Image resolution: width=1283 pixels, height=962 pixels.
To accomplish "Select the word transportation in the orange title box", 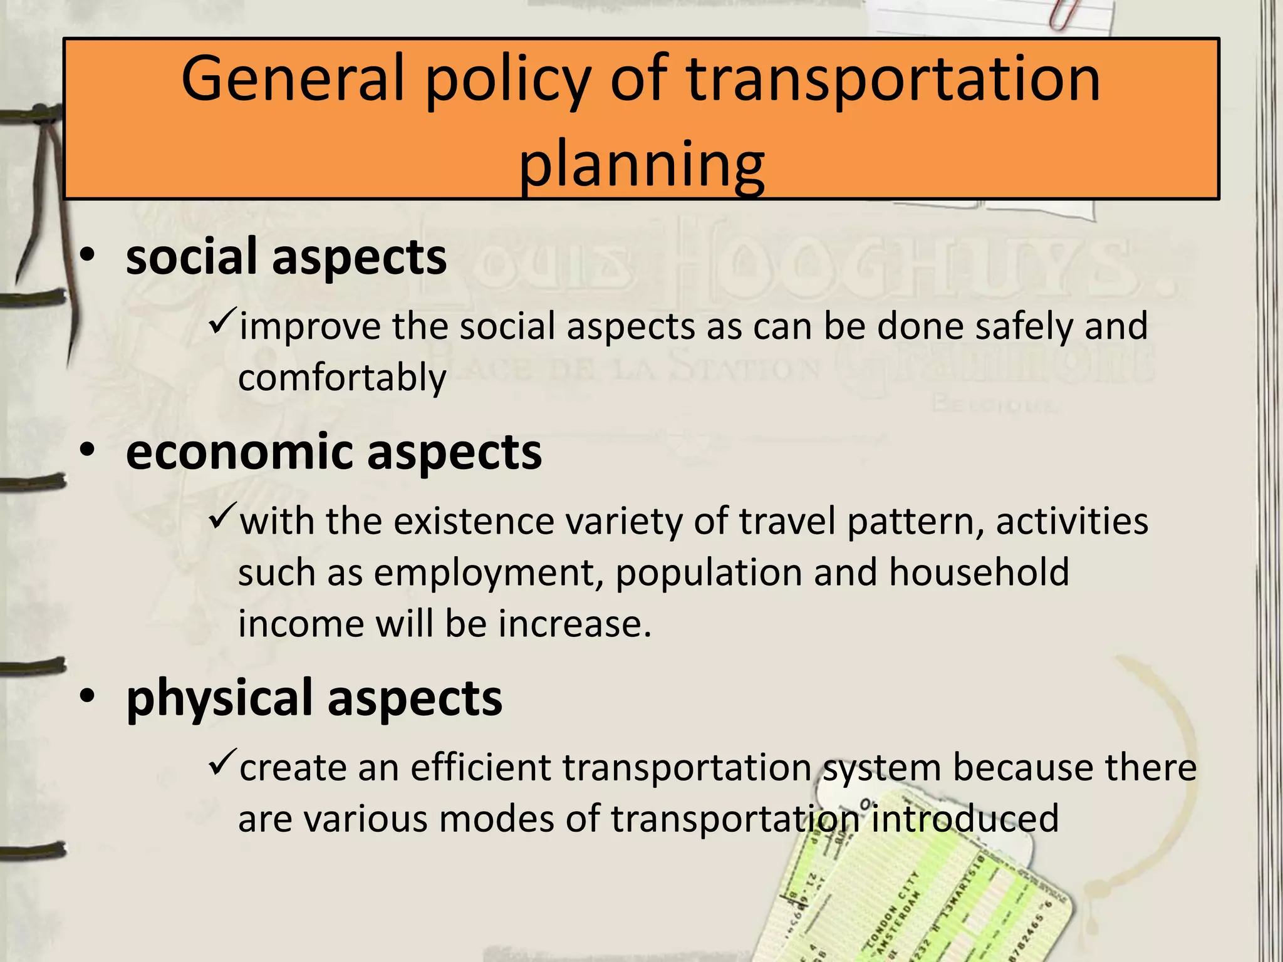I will tap(893, 80).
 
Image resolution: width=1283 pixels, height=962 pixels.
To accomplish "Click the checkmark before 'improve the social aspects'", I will tap(222, 323).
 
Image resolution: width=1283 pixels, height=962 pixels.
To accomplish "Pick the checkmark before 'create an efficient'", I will tap(222, 763).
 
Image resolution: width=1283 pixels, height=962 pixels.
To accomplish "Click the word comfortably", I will tap(342, 378).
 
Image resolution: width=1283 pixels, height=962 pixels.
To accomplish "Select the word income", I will tap(301, 624).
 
